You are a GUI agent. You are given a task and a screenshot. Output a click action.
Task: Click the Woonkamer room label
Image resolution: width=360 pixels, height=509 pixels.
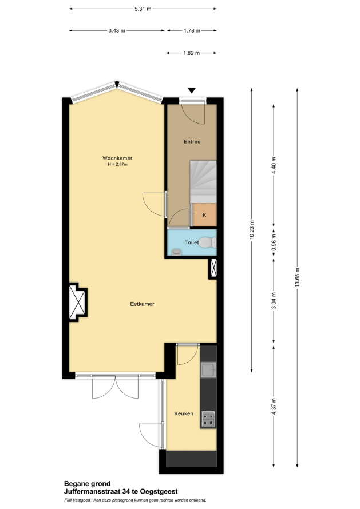tap(117, 158)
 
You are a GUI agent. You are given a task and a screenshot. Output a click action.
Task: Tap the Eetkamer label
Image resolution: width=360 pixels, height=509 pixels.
tap(142, 304)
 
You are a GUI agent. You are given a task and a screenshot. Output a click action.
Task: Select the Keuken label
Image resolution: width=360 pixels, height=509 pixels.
tap(184, 413)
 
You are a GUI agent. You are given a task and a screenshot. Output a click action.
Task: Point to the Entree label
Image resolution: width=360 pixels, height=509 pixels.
tap(192, 141)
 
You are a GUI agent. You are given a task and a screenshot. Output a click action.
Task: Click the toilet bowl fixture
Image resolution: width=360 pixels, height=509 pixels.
tap(207, 242)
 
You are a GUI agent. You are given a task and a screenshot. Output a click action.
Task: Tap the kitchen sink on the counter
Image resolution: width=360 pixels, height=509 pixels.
tap(208, 370)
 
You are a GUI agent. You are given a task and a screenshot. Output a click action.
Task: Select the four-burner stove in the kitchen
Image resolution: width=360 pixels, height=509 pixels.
tap(208, 419)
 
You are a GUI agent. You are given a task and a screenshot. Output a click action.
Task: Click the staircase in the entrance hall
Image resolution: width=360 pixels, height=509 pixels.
tap(203, 181)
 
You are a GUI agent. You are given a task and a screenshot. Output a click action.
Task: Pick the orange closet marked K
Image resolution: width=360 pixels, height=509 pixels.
tap(205, 215)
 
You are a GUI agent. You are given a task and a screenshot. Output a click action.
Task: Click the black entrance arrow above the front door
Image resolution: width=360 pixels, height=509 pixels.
tap(192, 90)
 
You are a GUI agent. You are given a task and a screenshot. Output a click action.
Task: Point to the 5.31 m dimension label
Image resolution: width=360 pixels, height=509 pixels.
tap(143, 9)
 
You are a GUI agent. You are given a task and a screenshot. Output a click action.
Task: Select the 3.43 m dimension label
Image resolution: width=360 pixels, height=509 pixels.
tap(117, 30)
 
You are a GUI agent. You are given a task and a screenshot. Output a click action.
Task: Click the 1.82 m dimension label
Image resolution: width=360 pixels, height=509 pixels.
tap(191, 53)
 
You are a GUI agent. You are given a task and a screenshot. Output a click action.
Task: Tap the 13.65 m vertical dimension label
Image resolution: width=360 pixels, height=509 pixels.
tap(297, 277)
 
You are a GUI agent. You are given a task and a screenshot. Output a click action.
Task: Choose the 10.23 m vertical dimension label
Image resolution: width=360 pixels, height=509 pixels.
tap(251, 230)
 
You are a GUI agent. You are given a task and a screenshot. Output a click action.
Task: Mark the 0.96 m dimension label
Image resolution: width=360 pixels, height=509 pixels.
tap(274, 242)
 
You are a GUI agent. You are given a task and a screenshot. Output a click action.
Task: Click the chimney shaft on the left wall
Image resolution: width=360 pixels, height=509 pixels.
tap(78, 302)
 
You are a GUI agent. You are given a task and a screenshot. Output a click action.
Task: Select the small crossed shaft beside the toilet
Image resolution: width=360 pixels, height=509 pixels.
tap(213, 268)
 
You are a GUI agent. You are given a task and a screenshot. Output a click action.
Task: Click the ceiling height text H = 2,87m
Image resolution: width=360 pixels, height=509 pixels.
tap(117, 164)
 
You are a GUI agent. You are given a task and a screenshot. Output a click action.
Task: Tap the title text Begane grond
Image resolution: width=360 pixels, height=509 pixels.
tap(87, 484)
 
